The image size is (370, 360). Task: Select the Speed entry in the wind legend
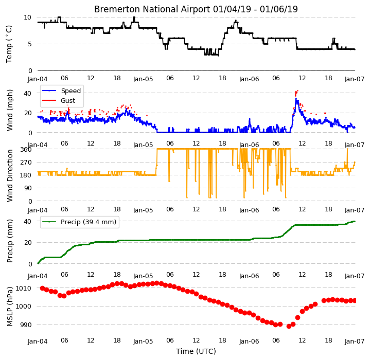click(71, 91)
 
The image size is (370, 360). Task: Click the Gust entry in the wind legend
click(68, 101)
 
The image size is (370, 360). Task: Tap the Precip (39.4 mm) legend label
click(89, 222)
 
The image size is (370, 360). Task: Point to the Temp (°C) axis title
click(9, 44)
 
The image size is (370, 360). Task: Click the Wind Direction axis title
click(10, 176)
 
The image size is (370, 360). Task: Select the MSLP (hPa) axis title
click(10, 307)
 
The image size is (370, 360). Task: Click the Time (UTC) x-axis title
click(196, 351)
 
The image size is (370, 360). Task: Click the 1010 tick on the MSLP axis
click(23, 288)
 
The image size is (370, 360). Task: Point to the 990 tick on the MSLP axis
click(26, 325)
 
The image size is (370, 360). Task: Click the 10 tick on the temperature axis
click(27, 17)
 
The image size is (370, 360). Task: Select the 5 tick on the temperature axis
click(29, 44)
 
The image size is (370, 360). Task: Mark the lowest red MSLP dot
click(289, 326)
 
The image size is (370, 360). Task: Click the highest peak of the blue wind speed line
click(296, 99)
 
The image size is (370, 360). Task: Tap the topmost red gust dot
click(297, 91)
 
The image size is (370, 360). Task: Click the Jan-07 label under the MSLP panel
click(355, 341)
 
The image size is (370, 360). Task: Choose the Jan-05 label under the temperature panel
click(143, 79)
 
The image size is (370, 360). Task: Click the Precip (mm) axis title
click(10, 241)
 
